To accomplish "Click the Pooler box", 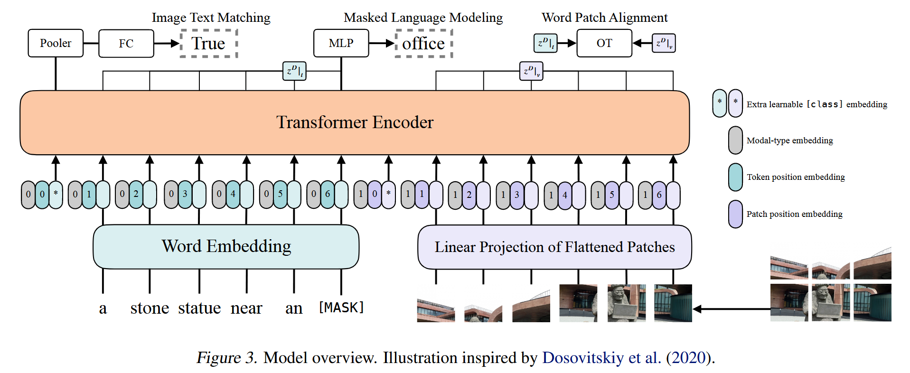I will pos(56,43).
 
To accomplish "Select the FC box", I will pos(126,44).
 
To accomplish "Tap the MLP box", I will pos(341,43).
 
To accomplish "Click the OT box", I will pos(604,43).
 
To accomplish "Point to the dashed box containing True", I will pos(209,44).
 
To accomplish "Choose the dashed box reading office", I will pos(423,44).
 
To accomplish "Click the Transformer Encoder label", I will pos(355,122).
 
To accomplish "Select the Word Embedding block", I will pos(226,246).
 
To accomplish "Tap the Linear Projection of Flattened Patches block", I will pos(554,247).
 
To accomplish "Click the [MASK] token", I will pos(341,308).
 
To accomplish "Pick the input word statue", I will pos(199,308).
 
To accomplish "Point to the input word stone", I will pos(150,308).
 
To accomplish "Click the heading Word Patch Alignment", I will pos(604,18).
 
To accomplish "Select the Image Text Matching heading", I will pos(211,18).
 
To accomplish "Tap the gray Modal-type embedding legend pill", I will pos(735,140).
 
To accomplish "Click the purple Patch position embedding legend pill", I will pos(735,214).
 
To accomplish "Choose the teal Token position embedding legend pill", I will pos(735,177).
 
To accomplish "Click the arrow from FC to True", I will pos(167,44).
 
